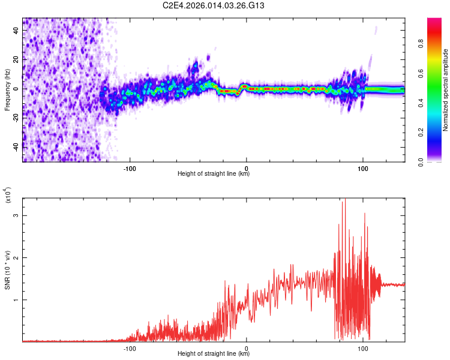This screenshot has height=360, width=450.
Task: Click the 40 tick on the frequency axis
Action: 16,31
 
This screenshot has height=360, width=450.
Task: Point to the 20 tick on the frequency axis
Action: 16,60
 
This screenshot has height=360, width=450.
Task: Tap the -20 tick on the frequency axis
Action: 14,117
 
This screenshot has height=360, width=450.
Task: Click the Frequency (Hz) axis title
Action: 7,89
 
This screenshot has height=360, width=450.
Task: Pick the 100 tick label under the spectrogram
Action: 363,167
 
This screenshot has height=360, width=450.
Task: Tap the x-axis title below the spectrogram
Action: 214,174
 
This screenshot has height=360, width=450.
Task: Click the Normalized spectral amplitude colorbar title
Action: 446,89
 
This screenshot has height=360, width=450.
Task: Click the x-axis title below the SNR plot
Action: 214,355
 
